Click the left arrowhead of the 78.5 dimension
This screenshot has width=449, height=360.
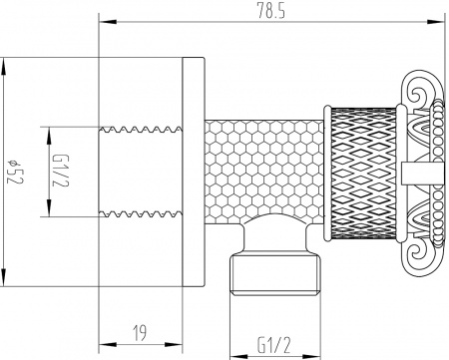click(x=104, y=21)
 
